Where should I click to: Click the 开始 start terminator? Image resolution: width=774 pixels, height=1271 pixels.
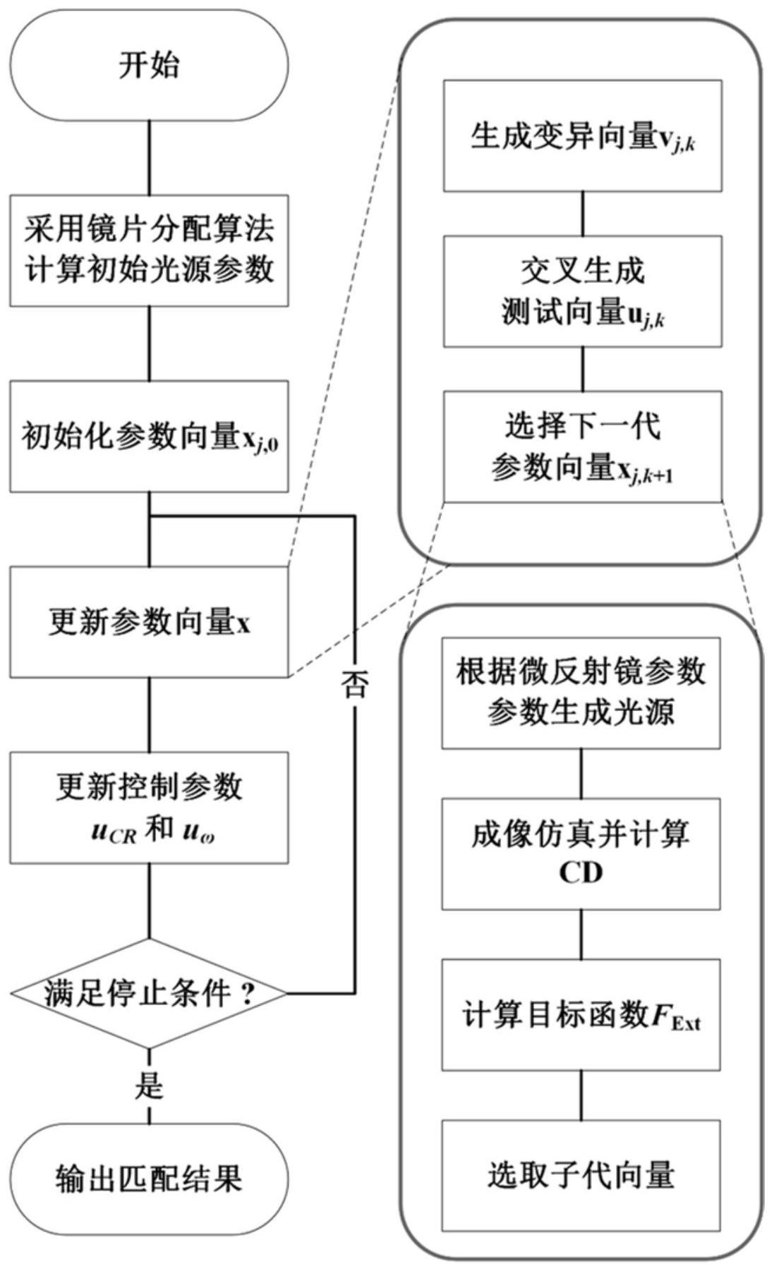[149, 66]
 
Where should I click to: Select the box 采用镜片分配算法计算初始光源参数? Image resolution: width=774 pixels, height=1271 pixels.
[149, 250]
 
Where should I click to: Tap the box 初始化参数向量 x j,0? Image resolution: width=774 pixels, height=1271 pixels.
[149, 436]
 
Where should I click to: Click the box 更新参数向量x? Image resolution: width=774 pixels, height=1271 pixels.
[149, 621]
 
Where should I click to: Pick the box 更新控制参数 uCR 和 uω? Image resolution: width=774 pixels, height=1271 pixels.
[149, 807]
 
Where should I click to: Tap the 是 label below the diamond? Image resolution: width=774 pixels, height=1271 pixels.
[149, 1085]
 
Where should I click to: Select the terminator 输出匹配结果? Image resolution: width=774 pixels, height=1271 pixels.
[149, 1177]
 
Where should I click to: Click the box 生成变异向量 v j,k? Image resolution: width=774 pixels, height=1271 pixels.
[582, 135]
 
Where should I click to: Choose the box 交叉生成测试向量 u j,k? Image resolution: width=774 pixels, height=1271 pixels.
[582, 291]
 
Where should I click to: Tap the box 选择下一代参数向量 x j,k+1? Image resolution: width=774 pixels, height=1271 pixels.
[582, 446]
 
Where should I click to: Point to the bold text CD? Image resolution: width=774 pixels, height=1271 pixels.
[581, 873]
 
